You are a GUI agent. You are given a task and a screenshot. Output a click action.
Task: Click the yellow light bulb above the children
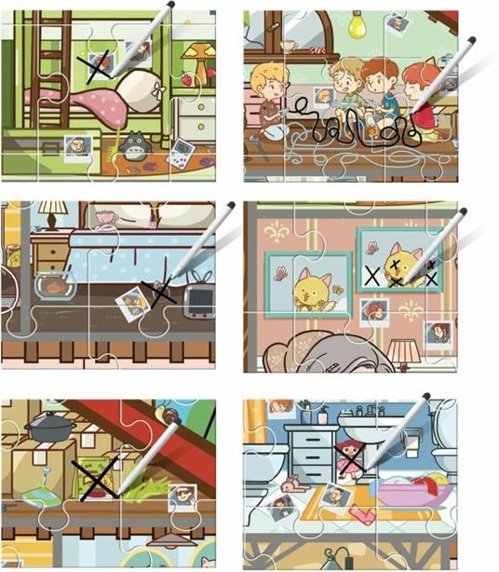(357, 26)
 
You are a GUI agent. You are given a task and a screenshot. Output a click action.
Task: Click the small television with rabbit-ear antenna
(197, 297)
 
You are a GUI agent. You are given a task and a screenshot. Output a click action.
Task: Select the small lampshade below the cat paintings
(403, 351)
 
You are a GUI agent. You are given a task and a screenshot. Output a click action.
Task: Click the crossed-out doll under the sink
(351, 458)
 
